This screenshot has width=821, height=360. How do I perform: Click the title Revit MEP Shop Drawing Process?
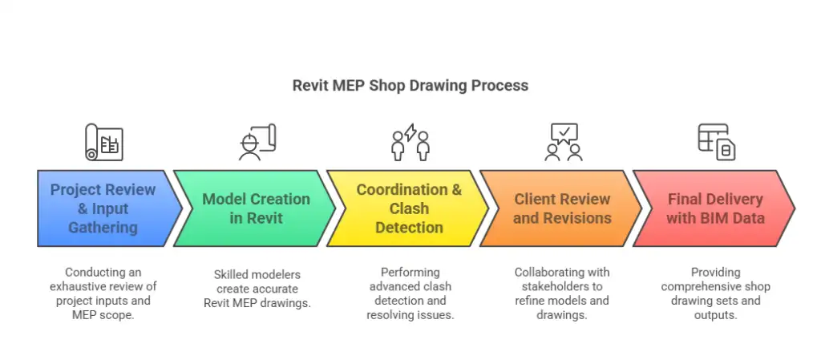(x=410, y=85)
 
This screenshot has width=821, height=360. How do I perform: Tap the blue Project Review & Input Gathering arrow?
(x=103, y=208)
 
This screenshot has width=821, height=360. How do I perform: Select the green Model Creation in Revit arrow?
(x=255, y=208)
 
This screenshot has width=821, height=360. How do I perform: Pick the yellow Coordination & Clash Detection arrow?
(x=409, y=208)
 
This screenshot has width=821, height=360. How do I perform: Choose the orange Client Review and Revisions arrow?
(x=561, y=208)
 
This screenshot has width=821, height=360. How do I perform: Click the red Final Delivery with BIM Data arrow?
(x=714, y=208)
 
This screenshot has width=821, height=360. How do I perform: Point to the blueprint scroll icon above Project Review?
(x=104, y=144)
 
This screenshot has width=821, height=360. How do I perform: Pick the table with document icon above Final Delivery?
(x=716, y=143)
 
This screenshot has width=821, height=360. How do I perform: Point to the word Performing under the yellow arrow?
(x=410, y=272)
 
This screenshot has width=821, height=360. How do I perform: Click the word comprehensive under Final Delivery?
(x=716, y=286)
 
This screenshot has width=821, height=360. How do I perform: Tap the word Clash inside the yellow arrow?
(x=409, y=208)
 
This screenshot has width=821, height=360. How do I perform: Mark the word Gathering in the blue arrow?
(x=103, y=227)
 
